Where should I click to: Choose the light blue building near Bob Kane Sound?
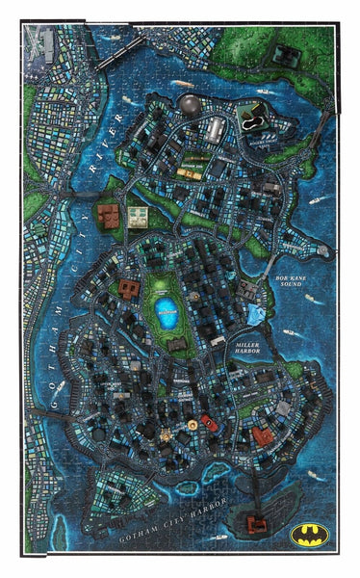click(x=254, y=315)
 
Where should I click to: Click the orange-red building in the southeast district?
click(x=262, y=436)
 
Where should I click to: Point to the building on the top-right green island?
click(x=287, y=56)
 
